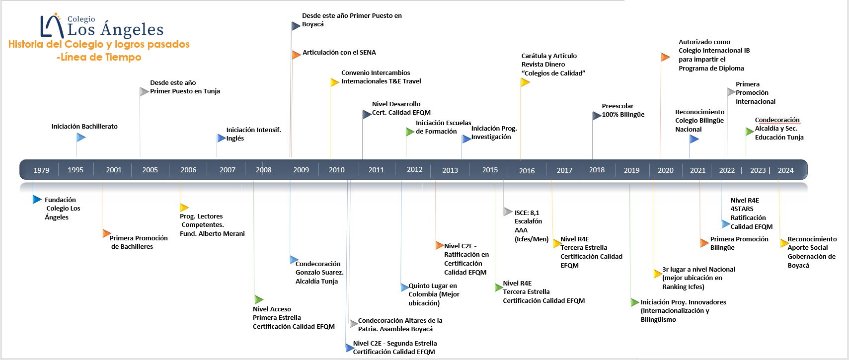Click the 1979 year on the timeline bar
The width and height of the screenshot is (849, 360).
[41, 170]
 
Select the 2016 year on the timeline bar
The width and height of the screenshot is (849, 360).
[527, 170]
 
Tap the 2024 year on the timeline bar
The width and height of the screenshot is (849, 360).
[785, 170]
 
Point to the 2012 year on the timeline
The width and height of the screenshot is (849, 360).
[414, 169]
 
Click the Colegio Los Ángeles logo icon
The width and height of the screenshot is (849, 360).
[52, 26]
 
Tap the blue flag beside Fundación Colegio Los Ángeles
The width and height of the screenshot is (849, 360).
[37, 199]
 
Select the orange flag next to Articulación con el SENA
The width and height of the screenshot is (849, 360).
[296, 55]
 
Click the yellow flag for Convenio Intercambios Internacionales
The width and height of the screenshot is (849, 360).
[334, 82]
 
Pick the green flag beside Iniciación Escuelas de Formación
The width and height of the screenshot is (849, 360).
[409, 132]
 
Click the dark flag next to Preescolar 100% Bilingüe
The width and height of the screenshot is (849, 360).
[597, 116]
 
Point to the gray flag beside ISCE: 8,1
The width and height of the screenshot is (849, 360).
[508, 212]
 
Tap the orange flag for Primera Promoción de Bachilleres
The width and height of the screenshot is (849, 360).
[106, 233]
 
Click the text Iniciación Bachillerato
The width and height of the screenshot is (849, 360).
[84, 126]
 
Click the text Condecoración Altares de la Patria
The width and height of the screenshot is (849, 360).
[400, 324]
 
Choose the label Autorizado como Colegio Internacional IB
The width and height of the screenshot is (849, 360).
[714, 55]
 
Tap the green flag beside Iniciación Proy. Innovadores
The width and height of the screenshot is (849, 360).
[634, 302]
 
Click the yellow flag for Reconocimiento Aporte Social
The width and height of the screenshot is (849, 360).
[784, 243]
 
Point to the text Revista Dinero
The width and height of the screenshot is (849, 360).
[543, 65]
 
